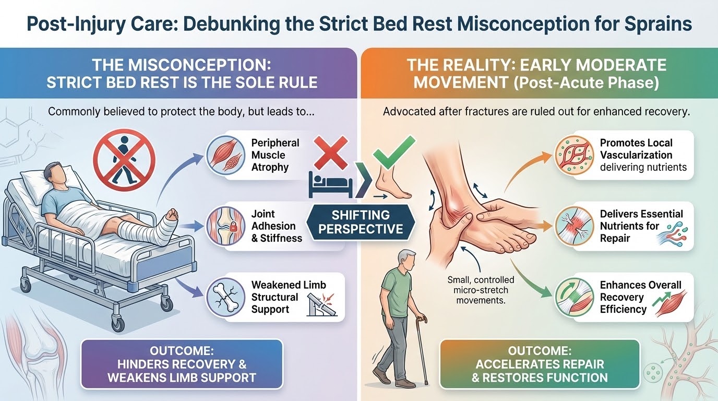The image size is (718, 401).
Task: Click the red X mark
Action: point(330,152)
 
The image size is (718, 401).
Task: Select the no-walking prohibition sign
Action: point(124,160)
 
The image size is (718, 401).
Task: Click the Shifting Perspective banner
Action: point(361,222)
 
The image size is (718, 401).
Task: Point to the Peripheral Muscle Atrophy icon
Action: point(225,155)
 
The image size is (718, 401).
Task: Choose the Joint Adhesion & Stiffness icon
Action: point(225,226)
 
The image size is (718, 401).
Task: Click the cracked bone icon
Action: point(225,297)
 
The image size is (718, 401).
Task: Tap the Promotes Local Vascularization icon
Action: point(575,155)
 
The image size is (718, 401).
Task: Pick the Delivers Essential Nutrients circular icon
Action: point(575,226)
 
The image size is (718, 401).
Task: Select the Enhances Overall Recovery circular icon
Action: point(575,297)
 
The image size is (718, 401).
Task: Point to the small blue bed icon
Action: point(330,185)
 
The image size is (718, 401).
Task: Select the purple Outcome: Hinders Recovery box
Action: point(182,364)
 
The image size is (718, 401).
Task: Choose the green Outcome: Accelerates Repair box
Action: point(540,364)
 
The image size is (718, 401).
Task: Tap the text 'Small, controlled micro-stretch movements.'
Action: point(481,290)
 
